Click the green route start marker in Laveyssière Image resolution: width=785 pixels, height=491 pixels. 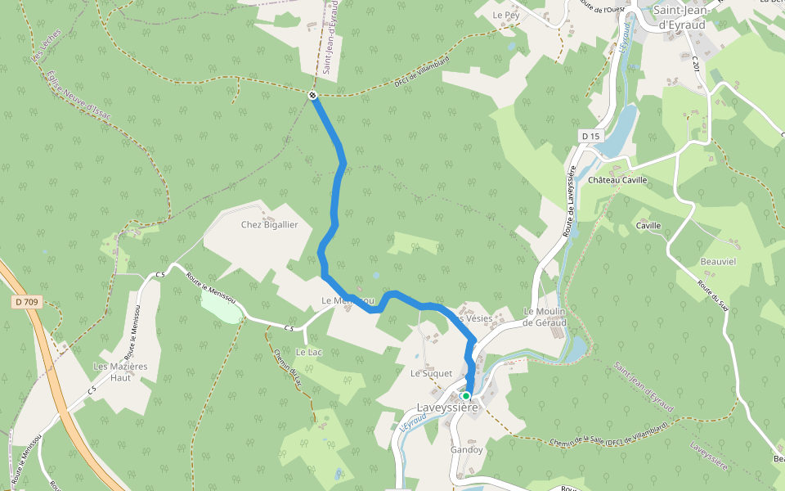466,396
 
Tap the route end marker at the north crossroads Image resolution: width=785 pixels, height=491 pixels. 313,96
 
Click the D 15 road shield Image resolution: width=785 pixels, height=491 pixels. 590,135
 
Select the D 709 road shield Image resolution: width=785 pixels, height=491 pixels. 27,302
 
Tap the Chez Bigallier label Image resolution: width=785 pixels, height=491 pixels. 269,224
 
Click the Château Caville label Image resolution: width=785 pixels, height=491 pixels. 617,180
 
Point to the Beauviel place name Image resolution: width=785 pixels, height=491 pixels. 718,261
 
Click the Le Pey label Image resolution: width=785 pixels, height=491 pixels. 506,16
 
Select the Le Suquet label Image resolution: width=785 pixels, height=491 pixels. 431,374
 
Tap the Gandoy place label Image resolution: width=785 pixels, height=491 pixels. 466,450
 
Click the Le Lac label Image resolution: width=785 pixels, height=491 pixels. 308,352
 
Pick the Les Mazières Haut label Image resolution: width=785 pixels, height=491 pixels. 120,372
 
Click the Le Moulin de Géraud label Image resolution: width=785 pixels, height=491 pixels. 545,317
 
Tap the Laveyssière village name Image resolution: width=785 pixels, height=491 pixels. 447,407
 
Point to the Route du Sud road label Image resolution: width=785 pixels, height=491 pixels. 713,295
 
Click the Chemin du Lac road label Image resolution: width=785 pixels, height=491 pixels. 287,367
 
